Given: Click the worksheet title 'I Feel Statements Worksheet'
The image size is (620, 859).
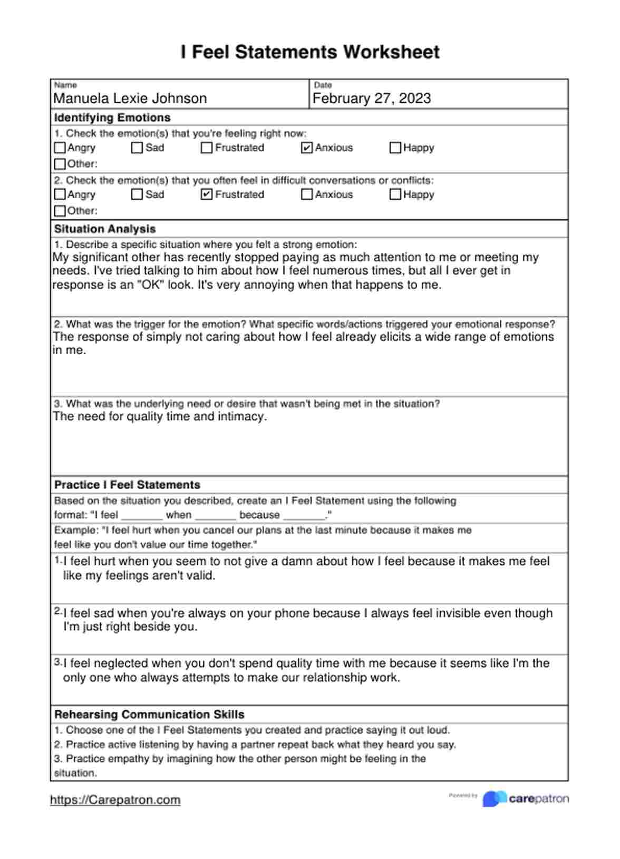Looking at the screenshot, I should coord(310,52).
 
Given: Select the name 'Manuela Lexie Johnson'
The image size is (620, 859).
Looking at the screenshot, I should coord(130,99).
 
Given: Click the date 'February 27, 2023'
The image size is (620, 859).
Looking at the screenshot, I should coord(372,99).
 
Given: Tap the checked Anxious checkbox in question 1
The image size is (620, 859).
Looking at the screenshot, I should coord(307,148).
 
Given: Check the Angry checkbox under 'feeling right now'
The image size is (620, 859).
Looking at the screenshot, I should coord(60,148).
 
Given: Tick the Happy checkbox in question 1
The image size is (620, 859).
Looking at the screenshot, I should coord(395,148).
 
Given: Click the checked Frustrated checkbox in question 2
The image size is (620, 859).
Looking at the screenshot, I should coord(207,194).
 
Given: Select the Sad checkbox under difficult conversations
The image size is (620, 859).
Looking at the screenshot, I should coord(137,194).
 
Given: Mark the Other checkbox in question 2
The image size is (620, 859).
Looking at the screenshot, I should coord(60,211).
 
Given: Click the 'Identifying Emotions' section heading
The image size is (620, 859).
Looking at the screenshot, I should coord(112,118).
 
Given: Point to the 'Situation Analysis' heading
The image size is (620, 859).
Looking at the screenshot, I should coord(105,229).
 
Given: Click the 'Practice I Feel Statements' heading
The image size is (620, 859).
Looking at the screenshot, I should coord(127,485).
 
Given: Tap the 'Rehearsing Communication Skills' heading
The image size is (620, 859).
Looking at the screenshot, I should coord(149,715).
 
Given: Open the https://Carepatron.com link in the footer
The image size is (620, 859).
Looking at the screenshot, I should coord(115,800).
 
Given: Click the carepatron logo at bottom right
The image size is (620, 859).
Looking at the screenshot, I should coord(526,799).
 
